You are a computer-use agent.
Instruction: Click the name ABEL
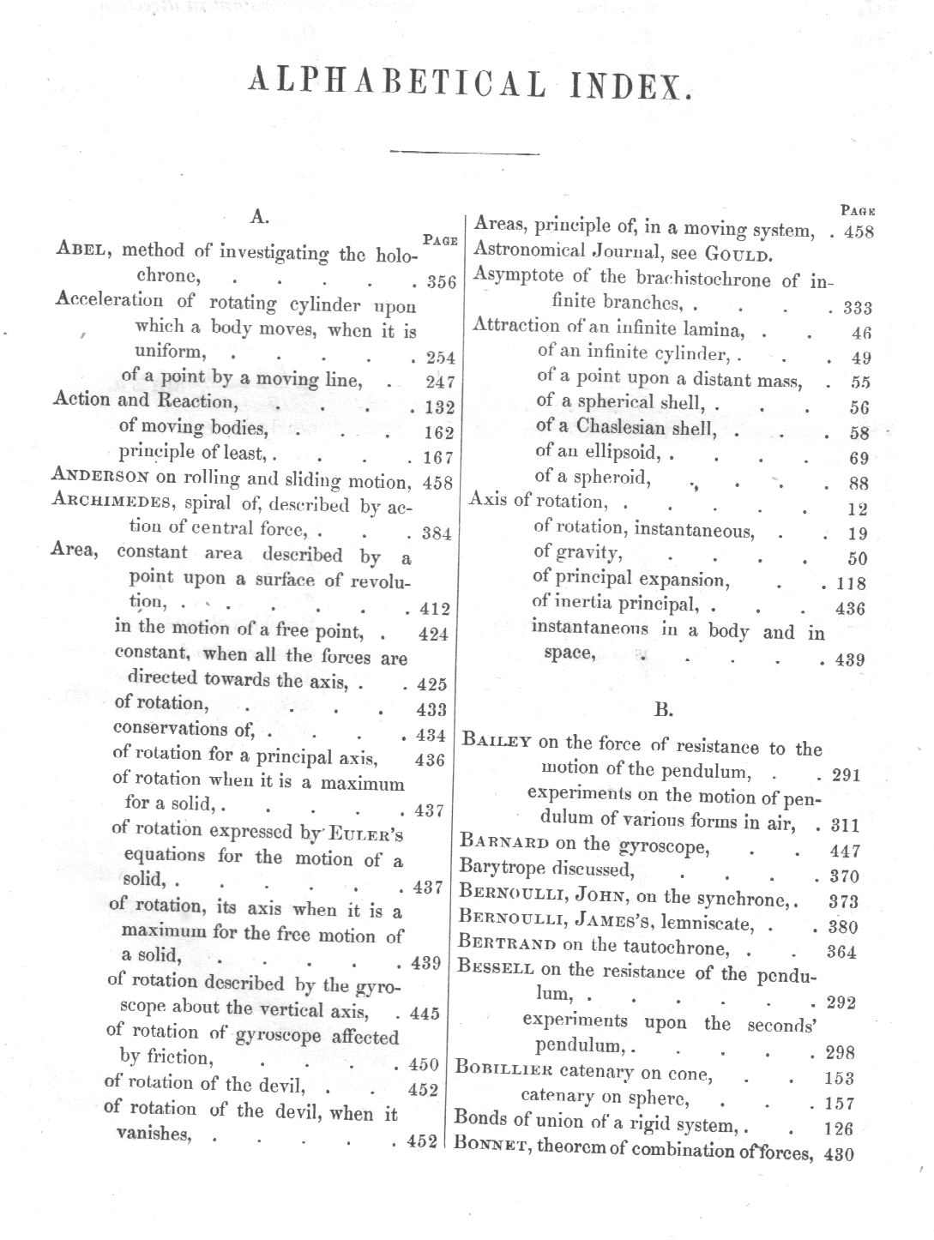(84, 250)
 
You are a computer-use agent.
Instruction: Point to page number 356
(441, 282)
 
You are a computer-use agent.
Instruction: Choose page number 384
(437, 533)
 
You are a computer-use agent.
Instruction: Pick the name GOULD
(738, 254)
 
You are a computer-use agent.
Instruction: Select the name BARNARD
(504, 843)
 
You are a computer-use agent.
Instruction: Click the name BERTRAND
(509, 945)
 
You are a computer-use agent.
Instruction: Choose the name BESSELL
(497, 969)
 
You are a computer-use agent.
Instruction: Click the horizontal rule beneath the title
(464, 153)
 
